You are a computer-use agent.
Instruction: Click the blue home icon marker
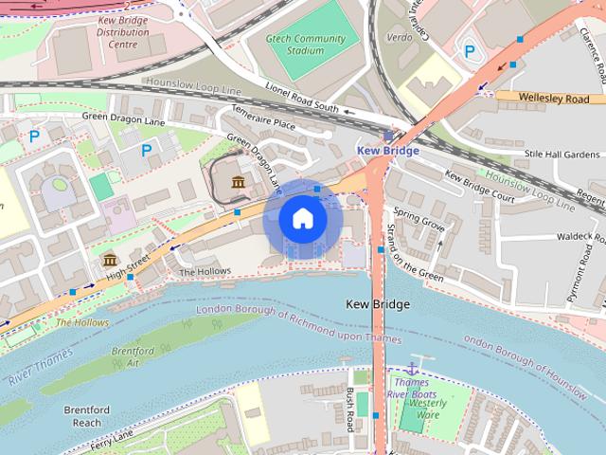pos(302,219)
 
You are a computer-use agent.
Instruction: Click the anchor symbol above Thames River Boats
pos(413,367)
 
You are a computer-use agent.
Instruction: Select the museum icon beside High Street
pos(110,260)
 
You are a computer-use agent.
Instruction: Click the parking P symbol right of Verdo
pos(469,51)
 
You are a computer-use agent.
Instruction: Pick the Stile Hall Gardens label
pos(562,154)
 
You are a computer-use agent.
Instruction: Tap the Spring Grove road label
pos(419,223)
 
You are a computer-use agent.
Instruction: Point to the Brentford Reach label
pos(88,416)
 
